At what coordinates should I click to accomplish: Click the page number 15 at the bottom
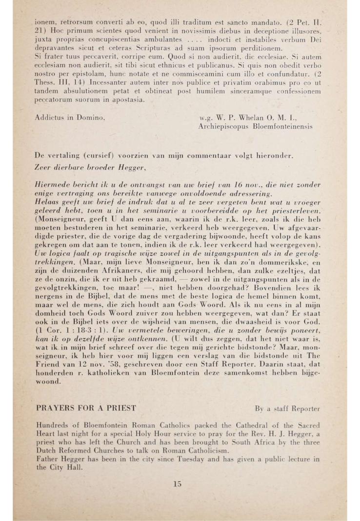click(177, 484)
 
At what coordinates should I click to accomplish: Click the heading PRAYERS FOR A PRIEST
click(85, 407)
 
